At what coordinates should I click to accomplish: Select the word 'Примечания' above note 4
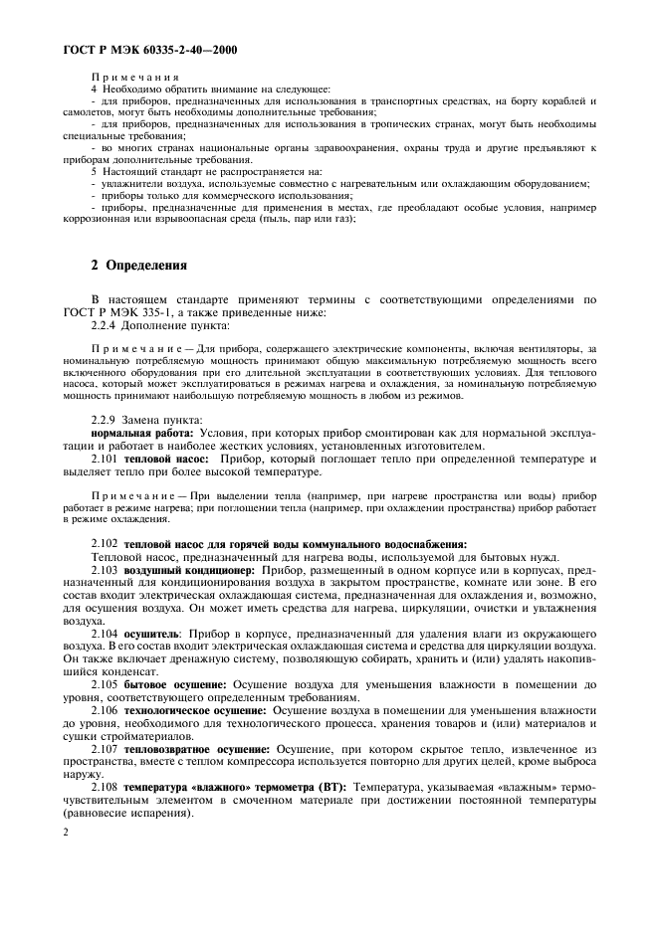click(135, 77)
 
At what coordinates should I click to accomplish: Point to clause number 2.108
click(107, 785)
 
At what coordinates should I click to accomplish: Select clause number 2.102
click(107, 544)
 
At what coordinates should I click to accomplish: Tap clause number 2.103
click(107, 569)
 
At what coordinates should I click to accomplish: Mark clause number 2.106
click(107, 712)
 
